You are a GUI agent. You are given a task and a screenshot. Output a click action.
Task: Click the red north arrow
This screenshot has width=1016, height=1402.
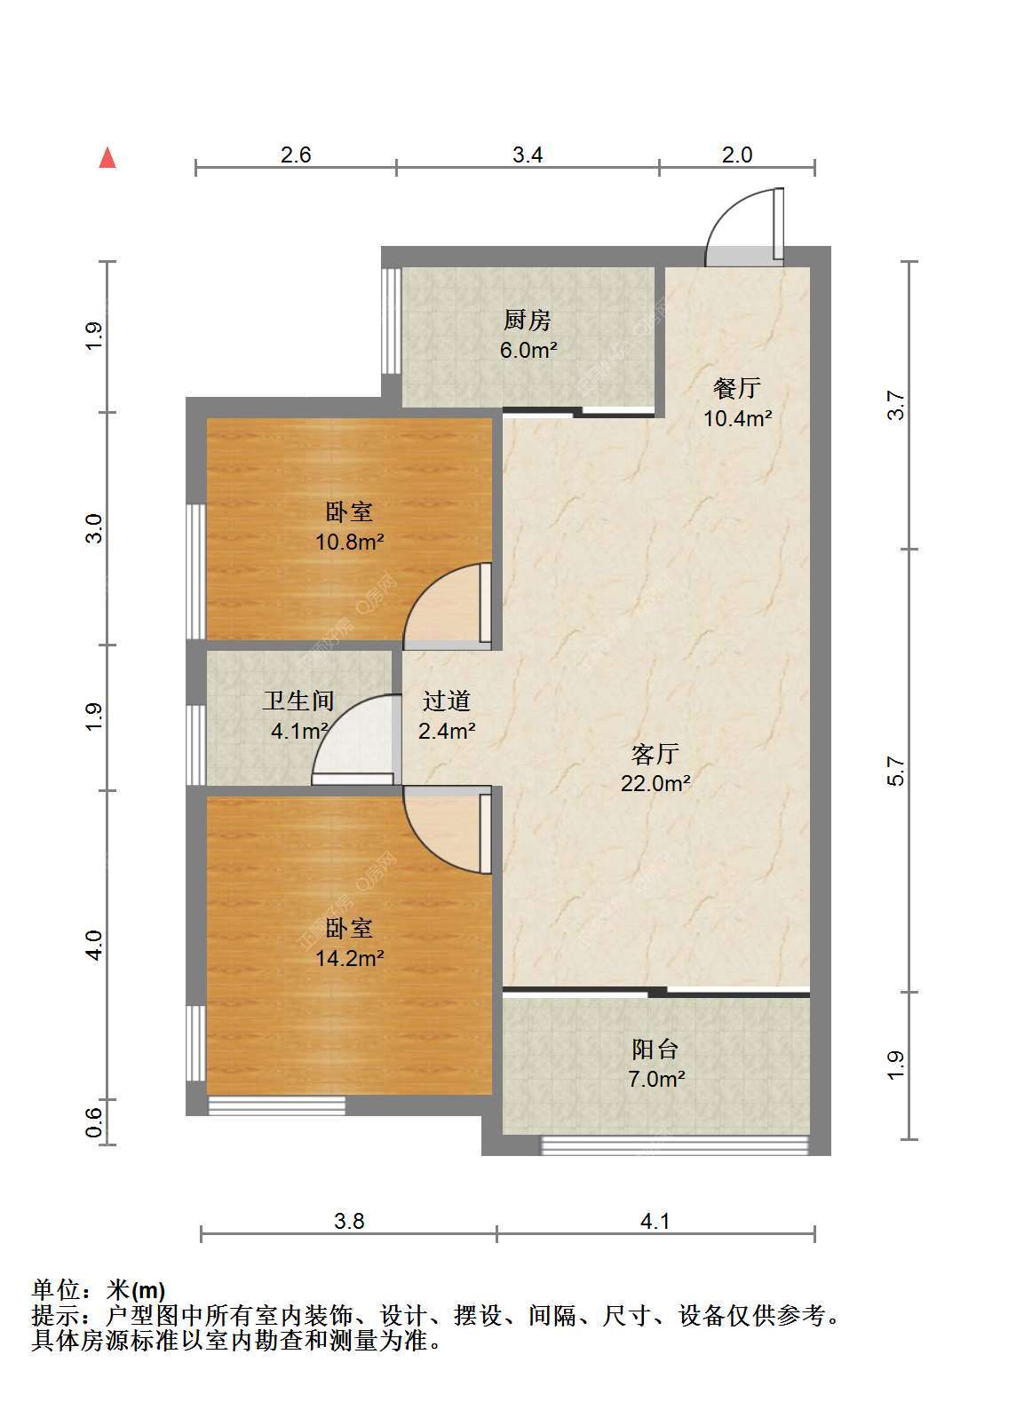pos(107,158)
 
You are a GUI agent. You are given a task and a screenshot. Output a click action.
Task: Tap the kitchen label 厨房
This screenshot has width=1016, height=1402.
pos(527,321)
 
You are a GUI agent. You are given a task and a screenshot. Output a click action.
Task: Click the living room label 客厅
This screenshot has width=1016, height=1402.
pos(655,754)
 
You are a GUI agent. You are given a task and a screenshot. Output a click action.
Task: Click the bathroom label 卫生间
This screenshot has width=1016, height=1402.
pos(298,701)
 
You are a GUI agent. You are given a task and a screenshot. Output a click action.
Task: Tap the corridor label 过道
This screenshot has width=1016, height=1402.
pos(447,701)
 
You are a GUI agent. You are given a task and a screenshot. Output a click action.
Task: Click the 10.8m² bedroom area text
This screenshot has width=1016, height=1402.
pos(349,542)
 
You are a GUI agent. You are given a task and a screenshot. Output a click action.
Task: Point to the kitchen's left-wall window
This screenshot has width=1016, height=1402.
pos(392,321)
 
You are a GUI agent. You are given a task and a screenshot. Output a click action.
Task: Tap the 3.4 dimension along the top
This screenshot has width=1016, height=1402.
pos(527,154)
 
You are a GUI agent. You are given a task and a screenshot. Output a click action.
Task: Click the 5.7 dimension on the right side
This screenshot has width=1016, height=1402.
pos(896,771)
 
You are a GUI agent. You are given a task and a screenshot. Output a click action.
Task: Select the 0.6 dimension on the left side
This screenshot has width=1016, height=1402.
pos(93,1122)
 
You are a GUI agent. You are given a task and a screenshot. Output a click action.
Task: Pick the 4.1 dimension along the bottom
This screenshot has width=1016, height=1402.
pos(655,1221)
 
